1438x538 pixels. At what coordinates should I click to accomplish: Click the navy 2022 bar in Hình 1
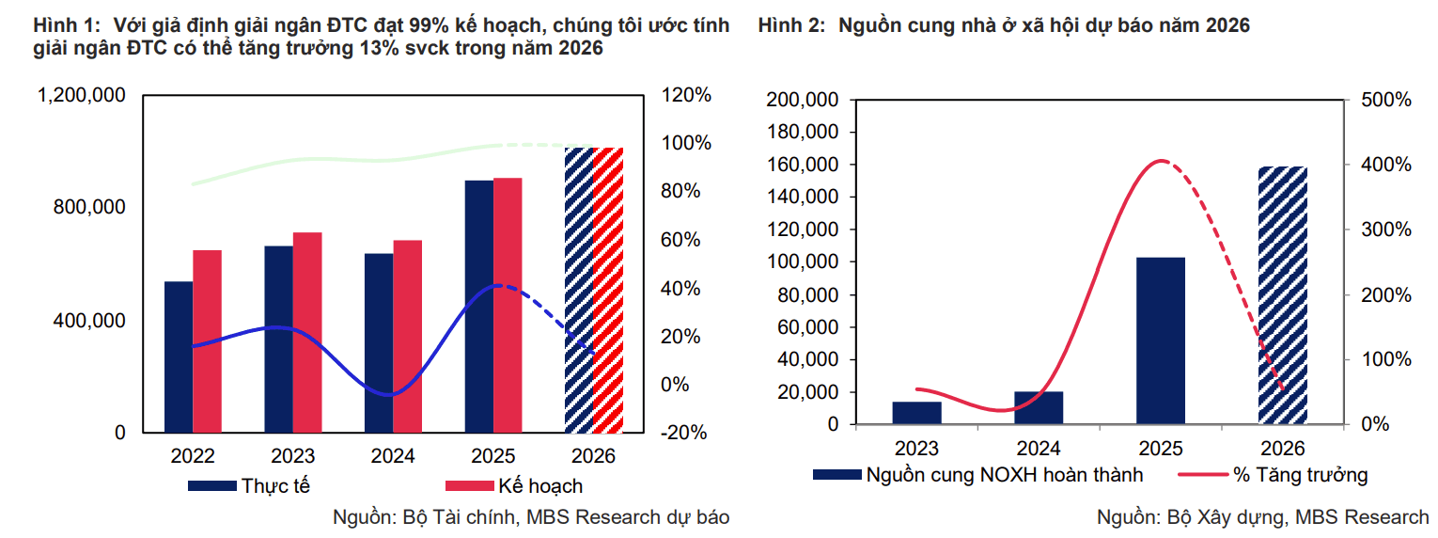click(179, 356)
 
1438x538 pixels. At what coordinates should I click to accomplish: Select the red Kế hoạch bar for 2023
click(307, 332)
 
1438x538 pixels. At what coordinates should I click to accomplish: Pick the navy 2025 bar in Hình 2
click(1161, 340)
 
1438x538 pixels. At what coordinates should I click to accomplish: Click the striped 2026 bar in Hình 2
click(1283, 295)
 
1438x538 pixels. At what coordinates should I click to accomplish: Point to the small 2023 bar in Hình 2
click(916, 413)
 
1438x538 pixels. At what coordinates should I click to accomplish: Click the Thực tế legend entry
click(249, 486)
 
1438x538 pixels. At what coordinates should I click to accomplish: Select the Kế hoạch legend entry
click(514, 486)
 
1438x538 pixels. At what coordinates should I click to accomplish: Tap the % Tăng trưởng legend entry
click(1274, 475)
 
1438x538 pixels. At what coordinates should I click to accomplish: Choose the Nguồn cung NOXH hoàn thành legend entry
click(977, 475)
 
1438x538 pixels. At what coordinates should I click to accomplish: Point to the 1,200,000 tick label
click(82, 95)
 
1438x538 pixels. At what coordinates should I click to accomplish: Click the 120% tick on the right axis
click(686, 95)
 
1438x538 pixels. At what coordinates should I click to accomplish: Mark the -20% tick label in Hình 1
click(684, 433)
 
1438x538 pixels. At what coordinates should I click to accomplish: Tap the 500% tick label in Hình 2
click(1386, 100)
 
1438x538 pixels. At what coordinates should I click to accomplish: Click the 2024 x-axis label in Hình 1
click(393, 456)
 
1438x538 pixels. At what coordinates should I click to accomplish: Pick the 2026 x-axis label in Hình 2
click(1283, 448)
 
